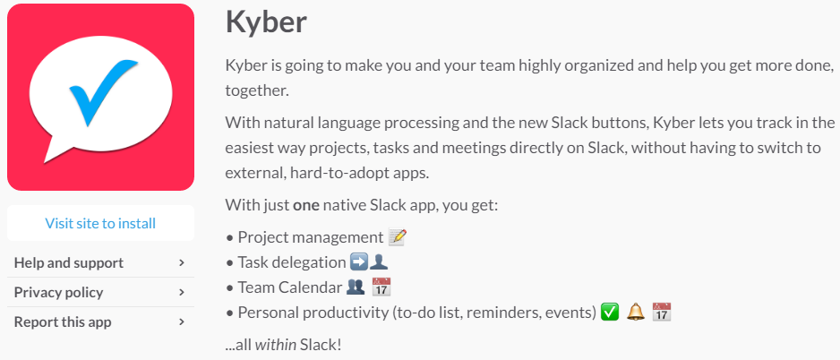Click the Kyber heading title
tap(266, 22)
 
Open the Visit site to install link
tap(100, 223)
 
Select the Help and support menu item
tap(69, 263)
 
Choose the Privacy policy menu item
tap(58, 293)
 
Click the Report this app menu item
tap(63, 322)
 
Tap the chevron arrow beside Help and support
tap(182, 263)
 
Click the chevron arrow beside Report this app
tap(182, 322)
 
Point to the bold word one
tap(306, 205)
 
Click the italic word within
tap(275, 345)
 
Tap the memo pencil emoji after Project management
tap(398, 237)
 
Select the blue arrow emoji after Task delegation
tap(358, 262)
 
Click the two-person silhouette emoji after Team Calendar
tap(356, 287)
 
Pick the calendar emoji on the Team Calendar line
tap(381, 287)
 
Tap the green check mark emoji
tap(610, 312)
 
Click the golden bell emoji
tap(635, 312)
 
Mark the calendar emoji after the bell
tap(662, 312)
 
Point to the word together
tap(257, 90)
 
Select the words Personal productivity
tap(313, 313)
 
